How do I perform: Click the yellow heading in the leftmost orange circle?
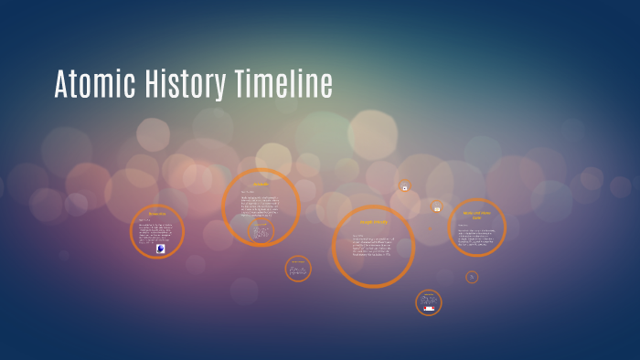click(x=157, y=215)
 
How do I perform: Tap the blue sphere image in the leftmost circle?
click(x=161, y=248)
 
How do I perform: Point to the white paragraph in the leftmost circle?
click(x=156, y=230)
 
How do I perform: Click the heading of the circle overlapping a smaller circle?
click(x=261, y=185)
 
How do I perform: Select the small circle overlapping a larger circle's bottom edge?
click(x=261, y=231)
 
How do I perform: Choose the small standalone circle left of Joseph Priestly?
click(x=298, y=269)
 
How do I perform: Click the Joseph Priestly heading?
click(x=373, y=222)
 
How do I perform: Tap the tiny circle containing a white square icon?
click(x=405, y=187)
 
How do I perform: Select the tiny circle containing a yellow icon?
click(x=437, y=208)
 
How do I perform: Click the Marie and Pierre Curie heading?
click(x=476, y=215)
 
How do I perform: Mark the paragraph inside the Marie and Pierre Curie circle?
click(x=476, y=237)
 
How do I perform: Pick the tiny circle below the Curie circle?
click(x=472, y=277)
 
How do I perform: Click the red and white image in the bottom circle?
click(x=429, y=309)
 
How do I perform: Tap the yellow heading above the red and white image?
click(x=429, y=294)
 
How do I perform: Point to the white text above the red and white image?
click(x=429, y=301)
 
